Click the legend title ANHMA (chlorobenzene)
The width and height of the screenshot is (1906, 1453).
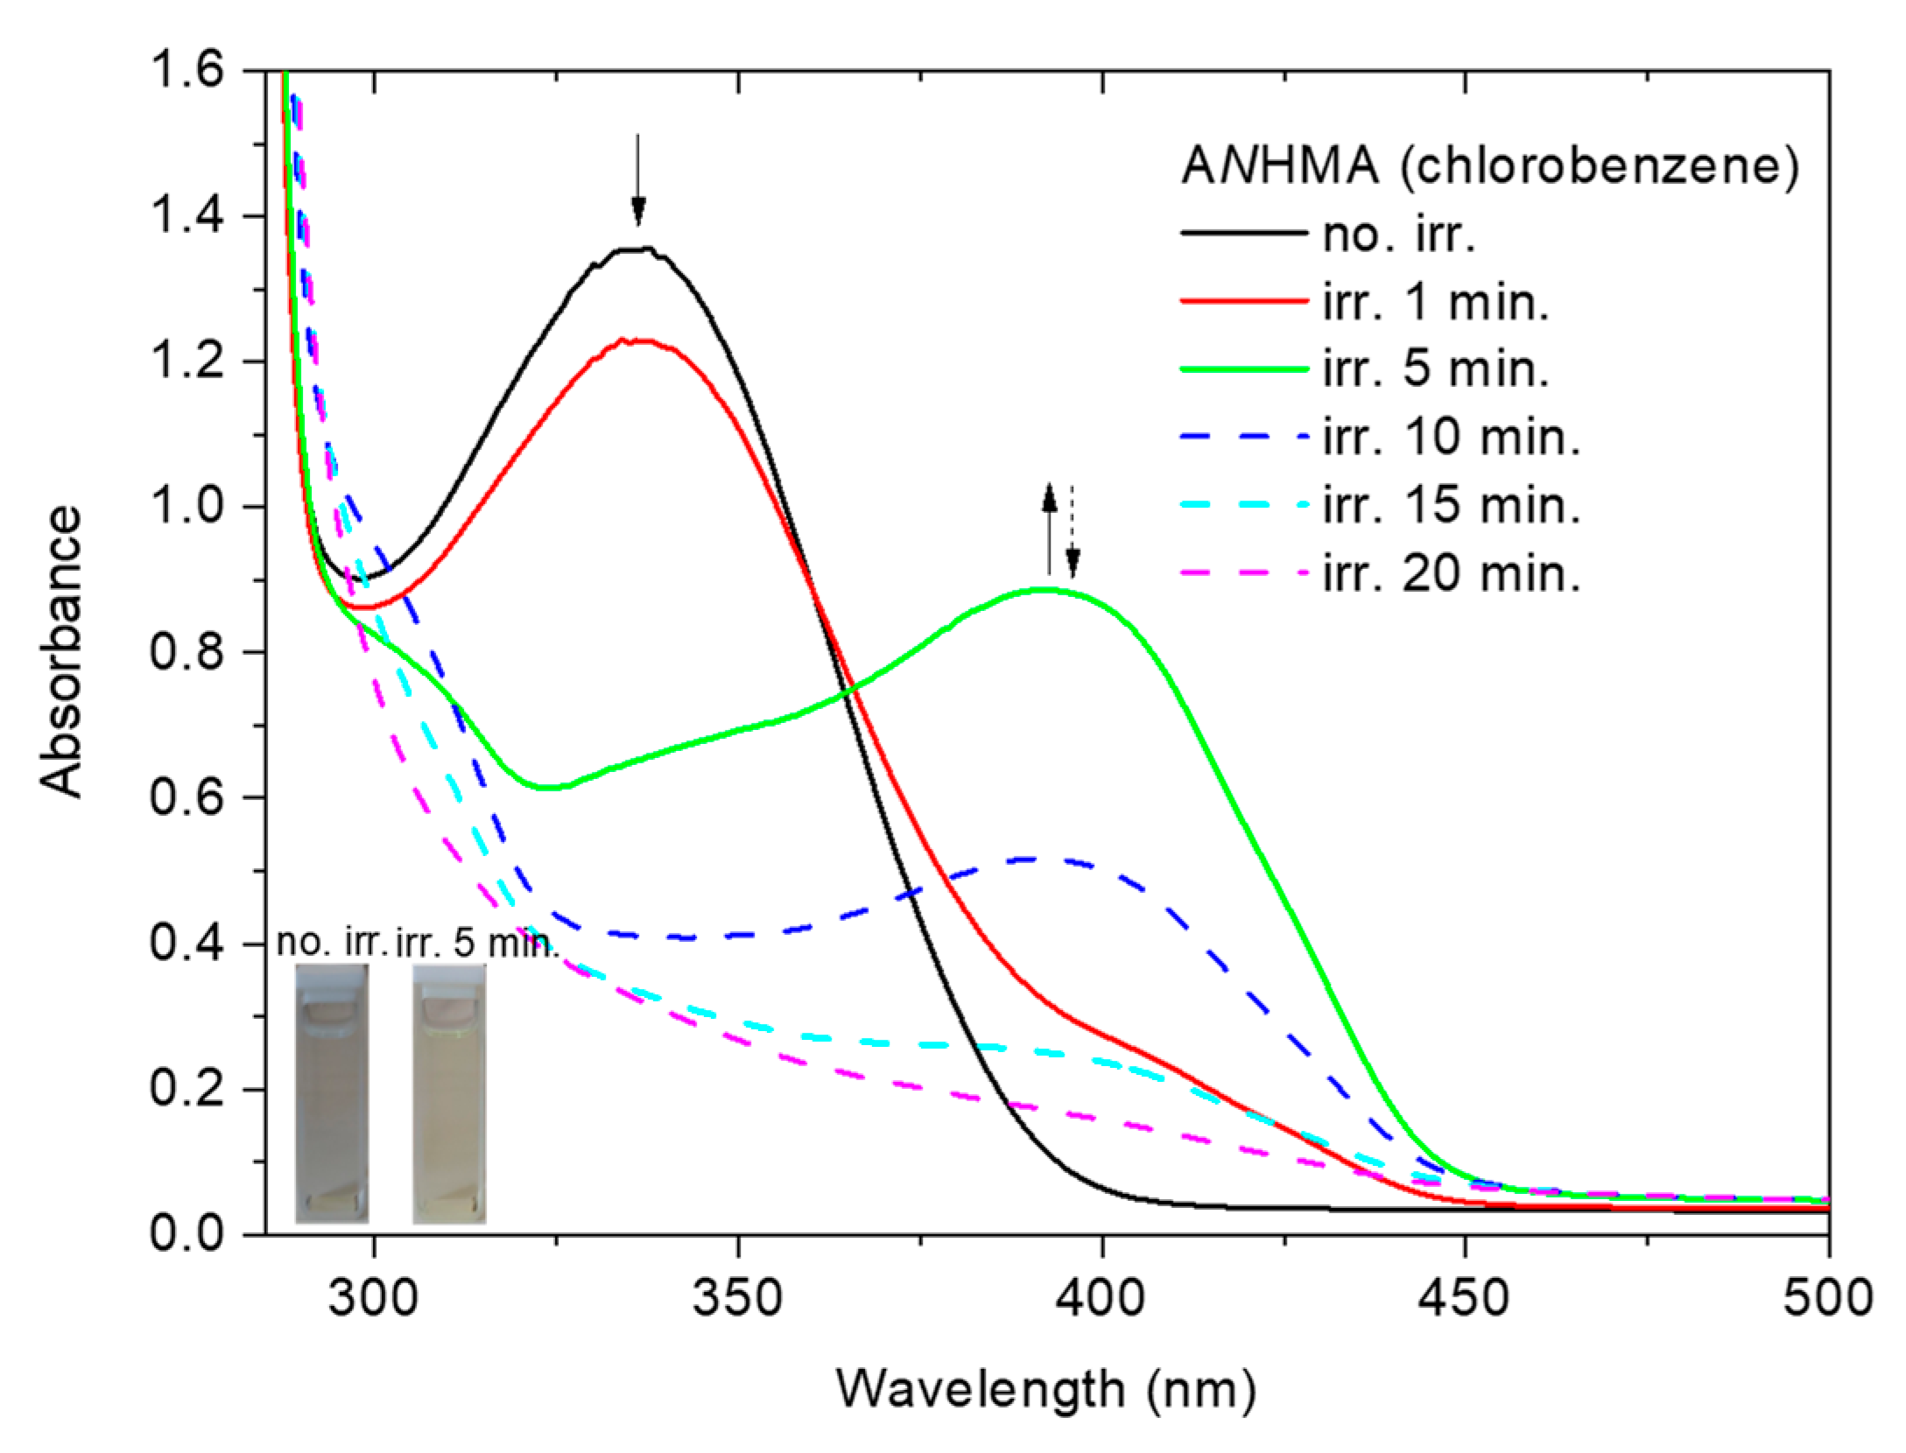coord(1489,166)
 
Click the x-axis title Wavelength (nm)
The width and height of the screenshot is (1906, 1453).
coord(1046,1390)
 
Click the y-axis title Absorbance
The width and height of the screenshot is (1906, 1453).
coord(61,652)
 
